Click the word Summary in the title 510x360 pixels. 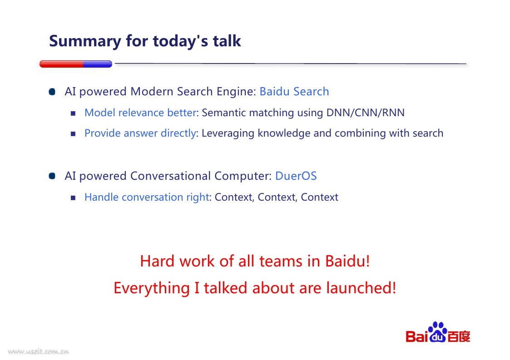point(85,42)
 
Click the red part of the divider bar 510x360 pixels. point(61,64)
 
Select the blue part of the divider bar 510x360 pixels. point(98,64)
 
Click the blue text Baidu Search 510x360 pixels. point(294,91)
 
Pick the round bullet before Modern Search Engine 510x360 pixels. point(52,92)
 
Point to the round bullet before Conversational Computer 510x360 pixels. point(52,176)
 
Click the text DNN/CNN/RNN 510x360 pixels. point(365,113)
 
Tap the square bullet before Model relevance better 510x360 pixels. point(73,113)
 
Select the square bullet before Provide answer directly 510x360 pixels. point(73,133)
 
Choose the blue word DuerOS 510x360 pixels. point(296,176)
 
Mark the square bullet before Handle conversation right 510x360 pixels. point(73,198)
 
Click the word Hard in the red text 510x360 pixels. point(158,261)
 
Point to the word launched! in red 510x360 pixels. point(361,288)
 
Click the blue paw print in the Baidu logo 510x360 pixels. point(438,332)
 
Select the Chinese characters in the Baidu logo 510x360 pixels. point(459,336)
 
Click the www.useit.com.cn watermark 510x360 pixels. point(39,351)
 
